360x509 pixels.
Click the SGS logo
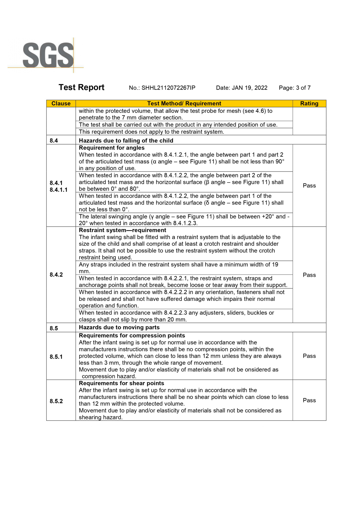[48, 55]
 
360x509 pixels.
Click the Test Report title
[81, 87]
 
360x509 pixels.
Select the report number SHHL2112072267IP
[168, 88]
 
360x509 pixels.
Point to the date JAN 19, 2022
[249, 88]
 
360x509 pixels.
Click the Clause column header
[61, 104]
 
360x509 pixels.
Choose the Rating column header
[309, 104]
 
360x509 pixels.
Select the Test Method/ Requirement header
[184, 104]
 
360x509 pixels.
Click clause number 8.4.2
[56, 275]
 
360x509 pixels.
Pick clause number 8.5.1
[56, 357]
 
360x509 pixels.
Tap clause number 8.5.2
[56, 401]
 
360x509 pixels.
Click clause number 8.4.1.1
[58, 190]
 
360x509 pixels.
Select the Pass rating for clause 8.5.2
[309, 400]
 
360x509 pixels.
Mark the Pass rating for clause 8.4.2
[309, 275]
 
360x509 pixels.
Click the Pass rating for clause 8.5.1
[309, 356]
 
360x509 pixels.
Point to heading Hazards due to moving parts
[119, 328]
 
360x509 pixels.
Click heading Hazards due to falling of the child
[126, 141]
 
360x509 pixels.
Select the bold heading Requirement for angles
[112, 148]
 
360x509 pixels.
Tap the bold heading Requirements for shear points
[121, 383]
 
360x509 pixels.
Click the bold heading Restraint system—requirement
[118, 230]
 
